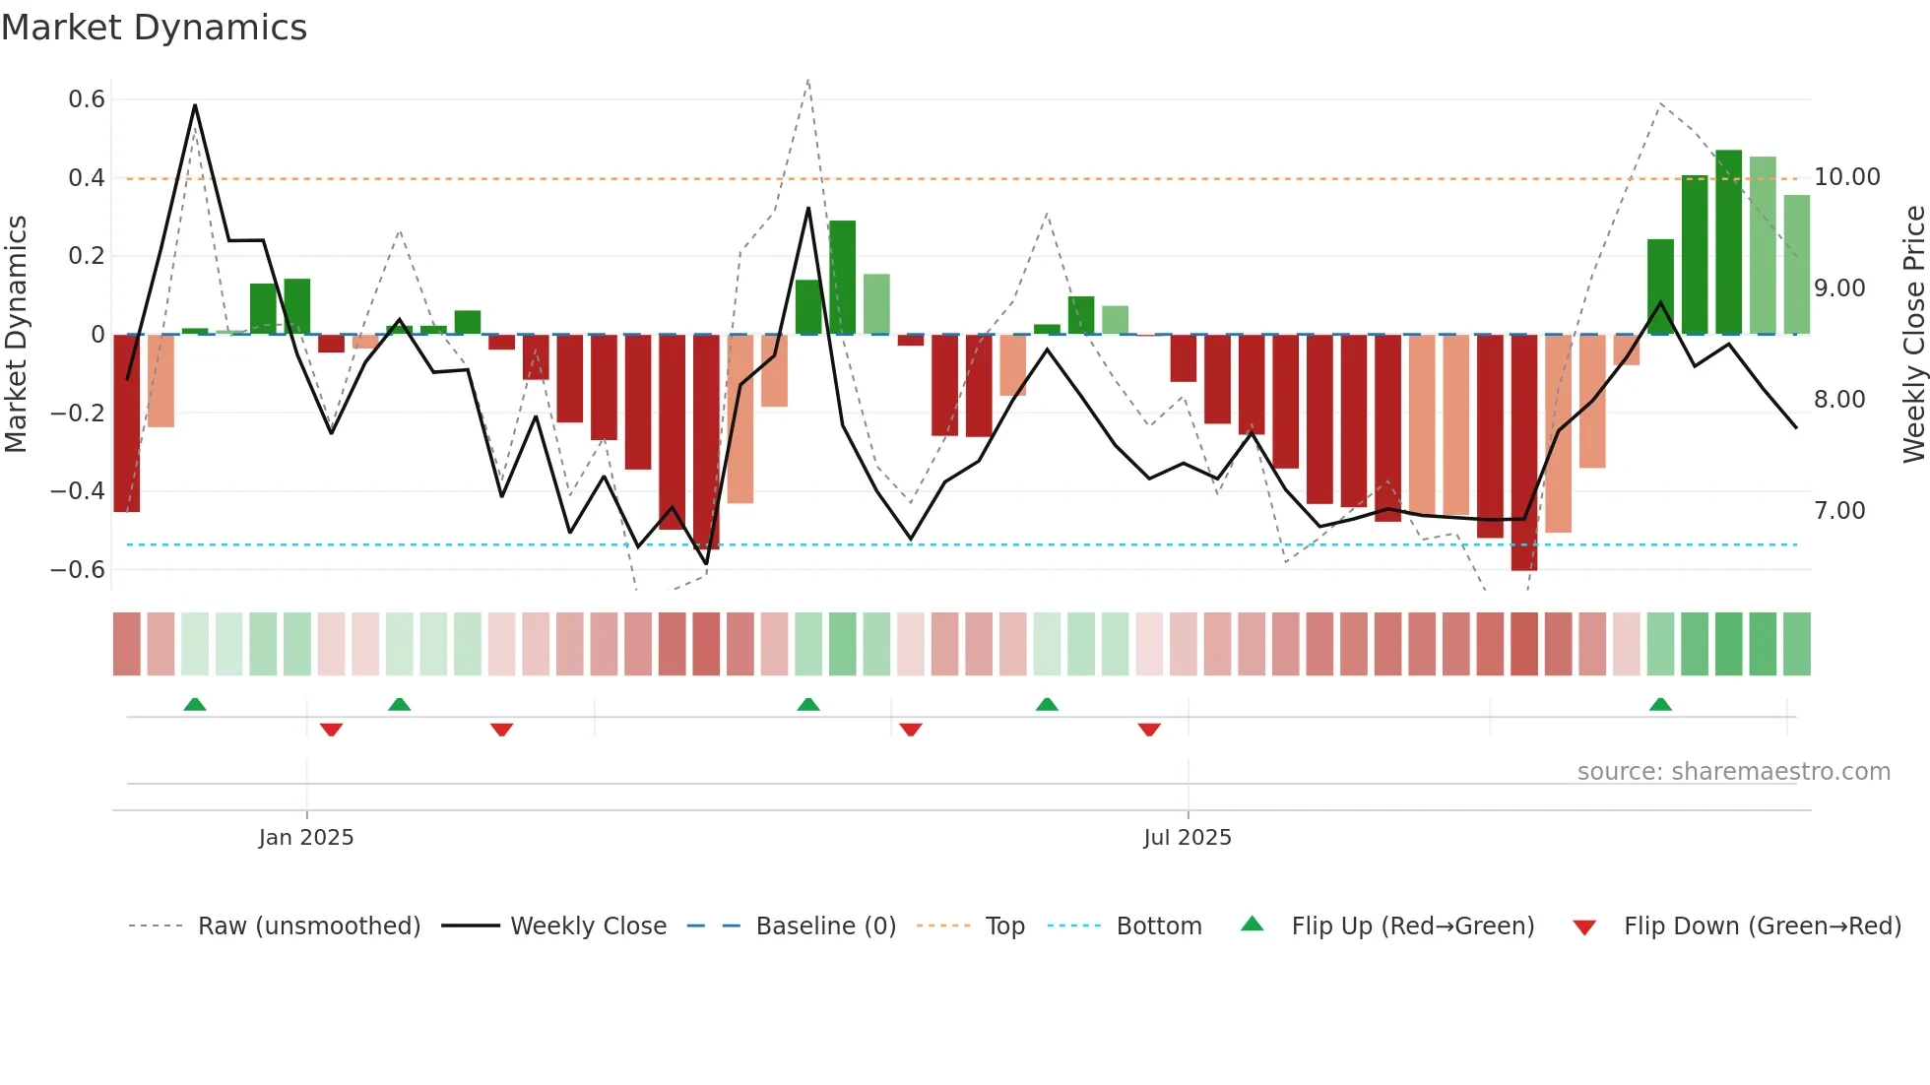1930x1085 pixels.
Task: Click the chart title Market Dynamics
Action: [x=154, y=28]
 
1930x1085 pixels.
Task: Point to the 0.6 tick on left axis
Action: [x=87, y=99]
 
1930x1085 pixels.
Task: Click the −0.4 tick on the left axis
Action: [x=78, y=490]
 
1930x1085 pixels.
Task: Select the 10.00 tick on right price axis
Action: [x=1846, y=177]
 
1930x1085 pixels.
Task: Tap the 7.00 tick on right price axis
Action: [x=1839, y=511]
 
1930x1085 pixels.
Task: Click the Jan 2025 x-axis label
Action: [x=306, y=838]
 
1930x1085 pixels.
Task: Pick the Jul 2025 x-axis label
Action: [x=1187, y=838]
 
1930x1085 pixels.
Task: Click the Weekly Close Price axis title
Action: [x=1913, y=335]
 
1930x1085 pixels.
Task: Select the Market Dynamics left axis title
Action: [x=16, y=335]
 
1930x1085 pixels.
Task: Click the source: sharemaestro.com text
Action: [x=1733, y=772]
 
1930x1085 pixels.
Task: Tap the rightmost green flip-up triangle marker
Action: [x=1660, y=704]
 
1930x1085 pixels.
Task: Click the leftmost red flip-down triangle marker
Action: [x=331, y=730]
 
